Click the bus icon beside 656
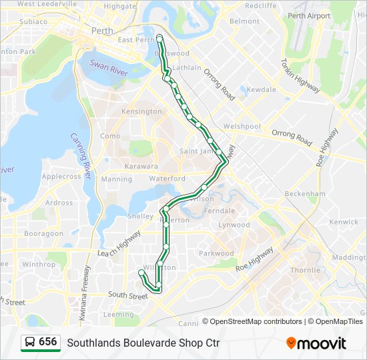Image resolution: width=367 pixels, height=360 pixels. coord(30,343)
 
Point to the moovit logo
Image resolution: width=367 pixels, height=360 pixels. coord(316,343)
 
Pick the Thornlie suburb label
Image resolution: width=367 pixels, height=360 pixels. coord(305,270)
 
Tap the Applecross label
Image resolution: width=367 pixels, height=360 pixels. coord(61,177)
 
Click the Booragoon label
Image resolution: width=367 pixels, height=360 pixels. coord(43,234)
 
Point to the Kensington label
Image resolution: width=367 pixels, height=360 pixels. coord(141,111)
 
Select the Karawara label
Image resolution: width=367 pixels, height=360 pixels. coord(141,167)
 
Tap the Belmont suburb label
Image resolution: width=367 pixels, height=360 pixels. coord(244,21)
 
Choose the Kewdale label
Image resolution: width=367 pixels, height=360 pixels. coord(261,89)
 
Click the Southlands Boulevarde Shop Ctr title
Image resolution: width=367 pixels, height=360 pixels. coord(143,343)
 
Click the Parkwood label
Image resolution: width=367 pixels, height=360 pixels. coord(216,253)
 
